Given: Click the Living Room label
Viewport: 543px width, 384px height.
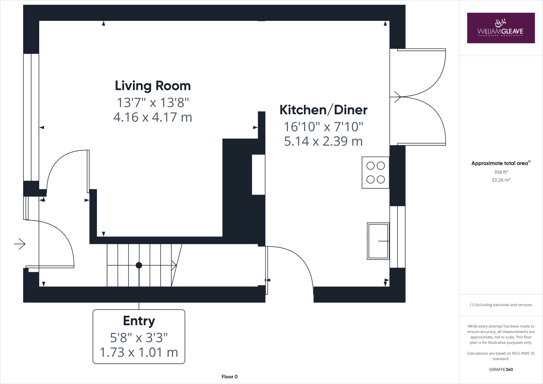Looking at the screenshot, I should (x=153, y=86).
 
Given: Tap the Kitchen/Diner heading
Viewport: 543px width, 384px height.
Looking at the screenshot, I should (x=323, y=110).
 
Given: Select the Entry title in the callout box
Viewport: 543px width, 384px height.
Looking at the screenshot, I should (x=139, y=321).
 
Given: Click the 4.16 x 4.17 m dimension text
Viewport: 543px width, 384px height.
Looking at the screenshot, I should (x=153, y=117).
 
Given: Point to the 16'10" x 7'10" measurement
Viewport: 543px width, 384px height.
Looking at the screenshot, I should (x=323, y=127).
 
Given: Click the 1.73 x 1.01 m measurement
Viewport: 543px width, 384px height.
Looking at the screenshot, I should (x=139, y=352).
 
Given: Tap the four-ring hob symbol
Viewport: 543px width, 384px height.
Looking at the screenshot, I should (x=375, y=173).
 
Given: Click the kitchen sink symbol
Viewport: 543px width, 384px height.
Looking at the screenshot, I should (x=378, y=241).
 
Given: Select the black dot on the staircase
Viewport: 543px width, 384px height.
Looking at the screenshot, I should (x=139, y=265).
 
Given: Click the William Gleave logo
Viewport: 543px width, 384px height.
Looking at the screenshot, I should (x=501, y=28).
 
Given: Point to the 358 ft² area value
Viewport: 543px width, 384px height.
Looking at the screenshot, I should (x=501, y=172).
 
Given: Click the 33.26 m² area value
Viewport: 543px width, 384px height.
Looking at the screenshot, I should (x=501, y=180).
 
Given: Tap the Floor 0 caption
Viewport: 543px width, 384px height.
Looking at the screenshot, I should (x=230, y=377).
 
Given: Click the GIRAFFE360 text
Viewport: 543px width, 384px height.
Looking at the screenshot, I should (x=501, y=369).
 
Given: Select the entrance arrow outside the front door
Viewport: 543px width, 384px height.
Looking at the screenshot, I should (x=20, y=244).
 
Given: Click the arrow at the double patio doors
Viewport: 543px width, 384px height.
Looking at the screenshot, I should (x=397, y=97).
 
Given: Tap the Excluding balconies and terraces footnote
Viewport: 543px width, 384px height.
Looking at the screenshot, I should (x=501, y=305).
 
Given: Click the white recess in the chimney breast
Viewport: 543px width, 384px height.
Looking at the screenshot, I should (x=258, y=174).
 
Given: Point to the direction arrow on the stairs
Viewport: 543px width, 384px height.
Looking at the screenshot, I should (x=173, y=265).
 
